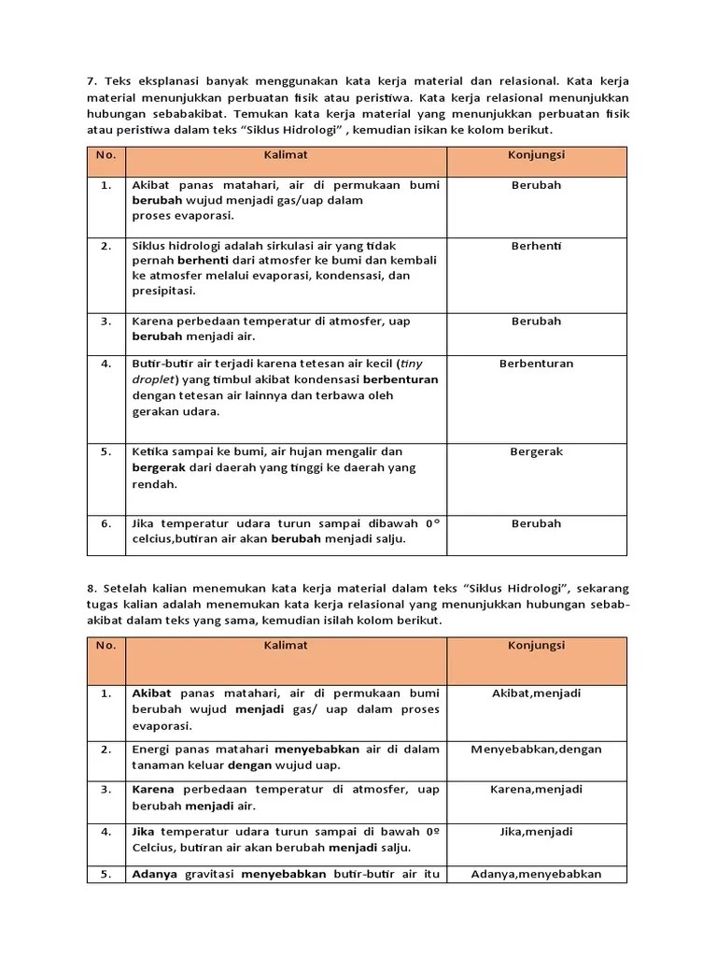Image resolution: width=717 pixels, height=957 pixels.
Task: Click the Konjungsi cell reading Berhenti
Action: pos(537,246)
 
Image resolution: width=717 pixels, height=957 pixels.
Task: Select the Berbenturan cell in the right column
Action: pos(537,364)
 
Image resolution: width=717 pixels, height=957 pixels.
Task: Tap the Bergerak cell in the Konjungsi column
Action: pos(537,451)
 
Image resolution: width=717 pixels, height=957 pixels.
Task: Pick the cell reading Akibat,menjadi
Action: pos(537,693)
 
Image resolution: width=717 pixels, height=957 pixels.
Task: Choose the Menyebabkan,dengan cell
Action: pos(537,749)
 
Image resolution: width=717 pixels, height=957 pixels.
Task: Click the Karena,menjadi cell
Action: pos(537,789)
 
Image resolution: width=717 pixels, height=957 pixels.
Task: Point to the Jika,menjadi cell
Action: pos(537,831)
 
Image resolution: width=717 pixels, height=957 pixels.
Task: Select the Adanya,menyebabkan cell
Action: pos(537,874)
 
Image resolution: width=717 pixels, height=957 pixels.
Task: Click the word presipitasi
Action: pos(163,291)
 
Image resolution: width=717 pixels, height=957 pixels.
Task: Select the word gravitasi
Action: pos(207,874)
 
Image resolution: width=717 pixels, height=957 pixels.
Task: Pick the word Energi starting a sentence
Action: pos(152,749)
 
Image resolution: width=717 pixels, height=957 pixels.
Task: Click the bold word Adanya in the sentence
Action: pos(153,874)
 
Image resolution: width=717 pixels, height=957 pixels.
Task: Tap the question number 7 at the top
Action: pos(91,80)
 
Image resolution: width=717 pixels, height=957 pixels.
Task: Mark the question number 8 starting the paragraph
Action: pos(91,588)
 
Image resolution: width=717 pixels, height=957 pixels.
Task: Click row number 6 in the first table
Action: pos(105,523)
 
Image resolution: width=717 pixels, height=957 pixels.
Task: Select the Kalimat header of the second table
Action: pos(286,646)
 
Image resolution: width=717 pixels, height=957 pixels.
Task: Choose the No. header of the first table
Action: pos(105,154)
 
